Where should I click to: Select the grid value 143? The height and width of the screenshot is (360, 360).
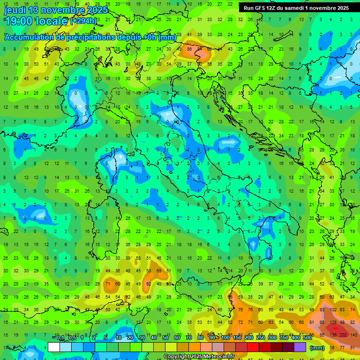[353, 335]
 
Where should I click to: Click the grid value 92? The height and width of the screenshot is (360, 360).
[149, 284]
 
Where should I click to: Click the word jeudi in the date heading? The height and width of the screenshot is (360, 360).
[15, 10]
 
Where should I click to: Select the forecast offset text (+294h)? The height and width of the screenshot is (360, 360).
[83, 21]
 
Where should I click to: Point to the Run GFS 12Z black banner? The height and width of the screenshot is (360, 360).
[296, 8]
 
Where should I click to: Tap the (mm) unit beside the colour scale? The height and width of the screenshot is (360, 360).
[317, 348]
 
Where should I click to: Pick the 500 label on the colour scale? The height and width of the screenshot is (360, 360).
[307, 338]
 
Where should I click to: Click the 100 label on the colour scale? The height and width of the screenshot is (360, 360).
[225, 338]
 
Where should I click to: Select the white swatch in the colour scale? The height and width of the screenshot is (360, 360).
[54, 347]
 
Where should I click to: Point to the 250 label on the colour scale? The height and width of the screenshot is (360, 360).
[260, 338]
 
